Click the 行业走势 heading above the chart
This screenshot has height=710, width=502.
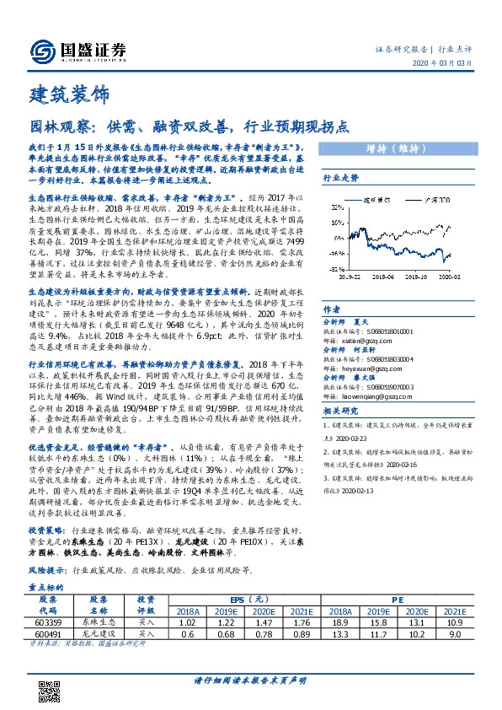(x=341, y=179)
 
